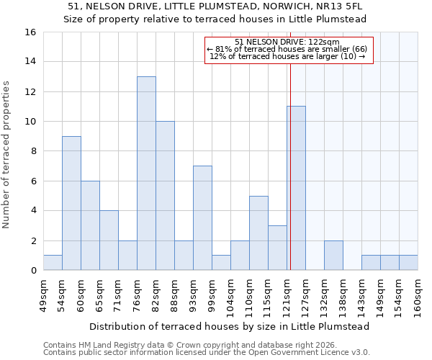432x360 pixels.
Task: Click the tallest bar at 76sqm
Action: coord(146,174)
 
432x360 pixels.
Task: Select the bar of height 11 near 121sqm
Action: coord(296,188)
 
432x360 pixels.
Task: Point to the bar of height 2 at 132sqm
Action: coord(333,256)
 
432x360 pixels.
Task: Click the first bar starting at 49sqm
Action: coord(53,263)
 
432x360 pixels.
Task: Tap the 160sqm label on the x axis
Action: coord(418,297)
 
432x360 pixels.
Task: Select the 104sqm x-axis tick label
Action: coord(231,297)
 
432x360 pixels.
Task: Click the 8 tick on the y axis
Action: coord(33,151)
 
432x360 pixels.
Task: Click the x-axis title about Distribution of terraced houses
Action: coord(230,326)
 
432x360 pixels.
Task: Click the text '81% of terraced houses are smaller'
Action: coord(287,49)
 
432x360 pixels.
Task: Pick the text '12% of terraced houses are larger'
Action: coord(287,56)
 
